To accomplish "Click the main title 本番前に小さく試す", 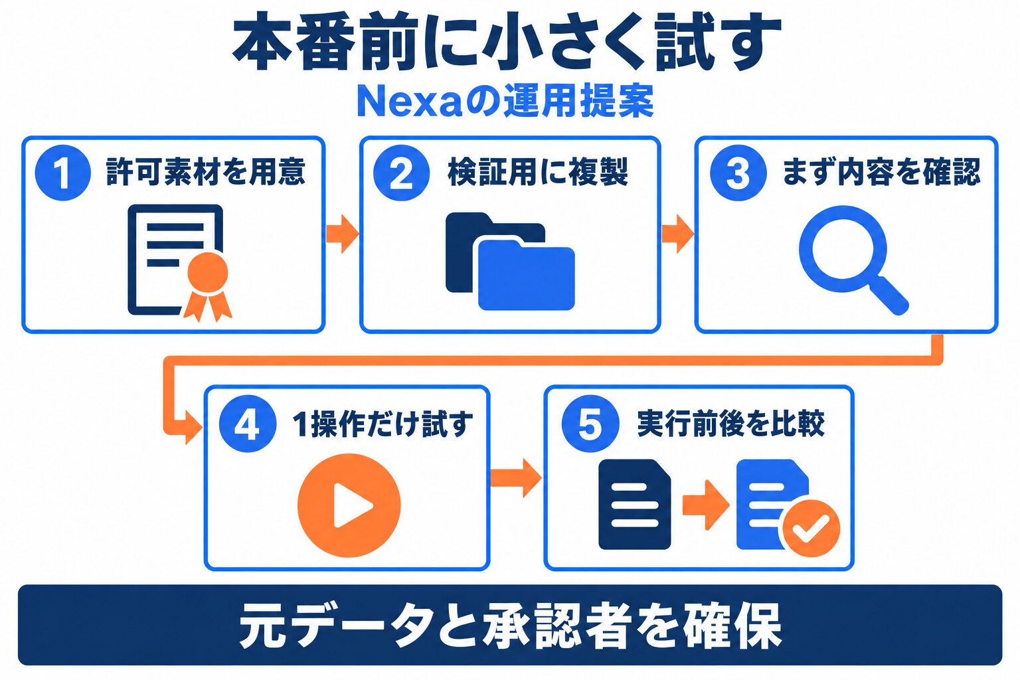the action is [x=507, y=42].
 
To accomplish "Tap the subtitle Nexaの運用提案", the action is [x=505, y=101].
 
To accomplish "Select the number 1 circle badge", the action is [x=63, y=173].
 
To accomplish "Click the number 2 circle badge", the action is [x=401, y=173].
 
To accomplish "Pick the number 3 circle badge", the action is [x=738, y=173].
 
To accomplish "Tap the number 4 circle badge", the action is [x=247, y=424].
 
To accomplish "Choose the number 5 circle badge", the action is [x=590, y=424].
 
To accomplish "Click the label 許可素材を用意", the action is [x=205, y=172].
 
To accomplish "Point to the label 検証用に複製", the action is [x=538, y=172].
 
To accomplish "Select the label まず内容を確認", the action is [x=881, y=172].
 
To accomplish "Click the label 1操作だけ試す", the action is [x=382, y=424].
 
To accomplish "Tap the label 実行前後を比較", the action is [x=731, y=424].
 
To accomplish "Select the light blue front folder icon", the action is [x=526, y=275].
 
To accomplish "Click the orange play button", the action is [x=349, y=505].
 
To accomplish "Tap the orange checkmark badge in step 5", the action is [x=811, y=529].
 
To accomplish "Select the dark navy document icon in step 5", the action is [x=634, y=504].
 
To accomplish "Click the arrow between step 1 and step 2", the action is [x=343, y=234].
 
